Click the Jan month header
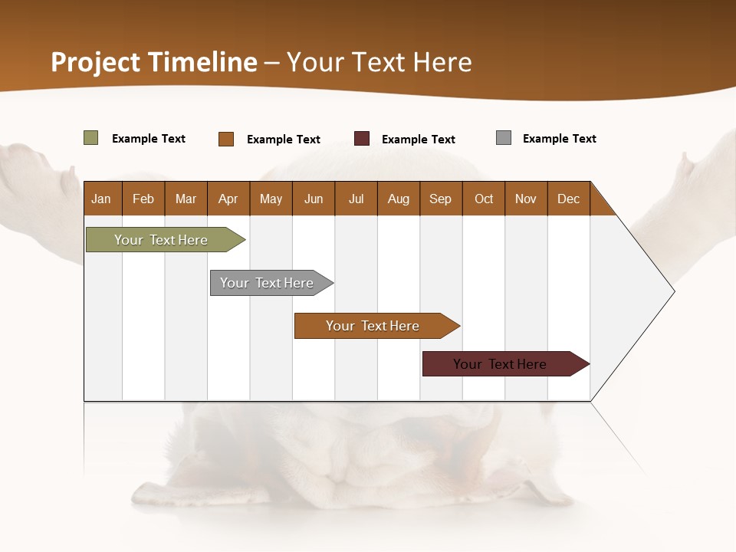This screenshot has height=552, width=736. [102, 199]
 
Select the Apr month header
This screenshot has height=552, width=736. [228, 199]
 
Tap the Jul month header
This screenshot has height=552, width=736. [356, 199]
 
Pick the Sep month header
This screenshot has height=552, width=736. [440, 199]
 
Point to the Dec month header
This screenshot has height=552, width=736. [568, 199]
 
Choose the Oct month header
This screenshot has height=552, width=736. [484, 199]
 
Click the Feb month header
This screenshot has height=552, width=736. [143, 199]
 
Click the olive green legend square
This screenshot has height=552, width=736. [91, 138]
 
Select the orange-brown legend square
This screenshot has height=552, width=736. [226, 139]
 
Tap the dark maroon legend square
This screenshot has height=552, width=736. [362, 139]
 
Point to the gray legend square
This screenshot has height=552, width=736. [504, 138]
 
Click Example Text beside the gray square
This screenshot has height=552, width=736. [559, 139]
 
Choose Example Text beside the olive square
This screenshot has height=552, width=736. [149, 139]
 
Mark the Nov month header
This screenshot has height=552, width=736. [526, 199]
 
